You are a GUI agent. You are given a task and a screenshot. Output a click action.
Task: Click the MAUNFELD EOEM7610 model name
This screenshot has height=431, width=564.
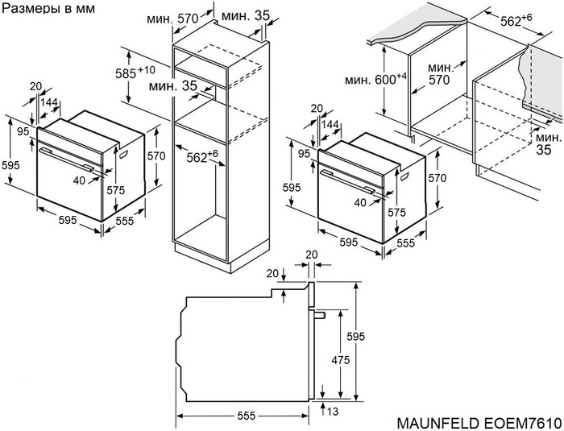[x=479, y=422]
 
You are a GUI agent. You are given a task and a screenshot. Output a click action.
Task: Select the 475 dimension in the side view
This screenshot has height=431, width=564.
[x=340, y=360]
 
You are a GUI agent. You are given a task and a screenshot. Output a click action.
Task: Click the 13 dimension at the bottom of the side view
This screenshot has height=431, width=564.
[x=333, y=412]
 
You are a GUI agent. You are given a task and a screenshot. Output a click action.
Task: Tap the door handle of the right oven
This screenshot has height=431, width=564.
[x=353, y=176]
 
